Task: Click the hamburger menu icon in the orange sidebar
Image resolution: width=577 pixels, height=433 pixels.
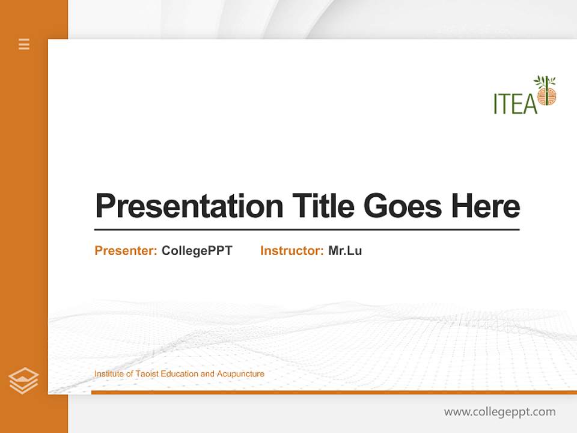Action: pos(24,44)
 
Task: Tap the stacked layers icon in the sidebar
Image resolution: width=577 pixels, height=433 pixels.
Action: pos(23,381)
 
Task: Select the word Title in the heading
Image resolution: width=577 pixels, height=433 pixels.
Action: pos(323,206)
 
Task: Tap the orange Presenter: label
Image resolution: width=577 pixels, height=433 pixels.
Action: pos(126,251)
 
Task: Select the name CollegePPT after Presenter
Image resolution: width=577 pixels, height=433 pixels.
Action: pos(197,251)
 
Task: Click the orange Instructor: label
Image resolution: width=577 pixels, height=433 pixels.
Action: pos(292,251)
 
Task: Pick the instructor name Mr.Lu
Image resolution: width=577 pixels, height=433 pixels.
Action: pos(345,251)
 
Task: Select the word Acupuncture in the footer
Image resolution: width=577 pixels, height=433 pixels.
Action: pos(240,374)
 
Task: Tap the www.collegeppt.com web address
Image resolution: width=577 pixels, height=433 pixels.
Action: pos(499,412)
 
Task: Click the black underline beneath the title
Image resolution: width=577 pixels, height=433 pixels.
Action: pos(307,230)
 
